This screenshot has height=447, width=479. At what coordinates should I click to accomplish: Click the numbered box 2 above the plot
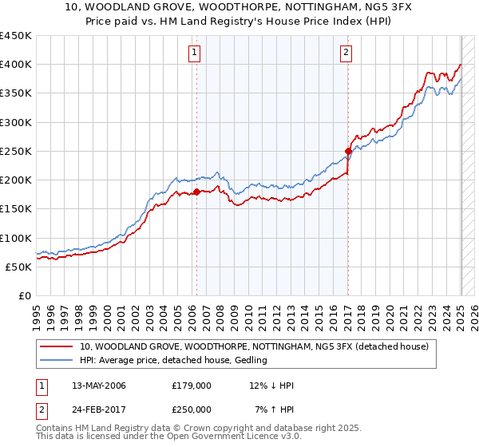346,53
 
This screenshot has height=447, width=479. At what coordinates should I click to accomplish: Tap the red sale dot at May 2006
196,192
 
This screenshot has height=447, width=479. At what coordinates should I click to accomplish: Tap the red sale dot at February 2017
348,151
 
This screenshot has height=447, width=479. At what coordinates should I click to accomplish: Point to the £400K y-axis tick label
15,65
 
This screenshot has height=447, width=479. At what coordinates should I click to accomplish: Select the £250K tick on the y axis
15,151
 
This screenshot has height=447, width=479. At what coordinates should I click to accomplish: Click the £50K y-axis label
18,267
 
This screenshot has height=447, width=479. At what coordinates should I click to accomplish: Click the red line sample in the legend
56,346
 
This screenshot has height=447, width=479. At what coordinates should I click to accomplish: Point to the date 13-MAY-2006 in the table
98,386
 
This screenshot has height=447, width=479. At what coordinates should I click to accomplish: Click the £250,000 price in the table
192,409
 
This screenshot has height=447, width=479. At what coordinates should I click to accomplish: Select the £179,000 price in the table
192,386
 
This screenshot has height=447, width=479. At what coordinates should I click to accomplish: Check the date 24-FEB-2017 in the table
98,409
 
